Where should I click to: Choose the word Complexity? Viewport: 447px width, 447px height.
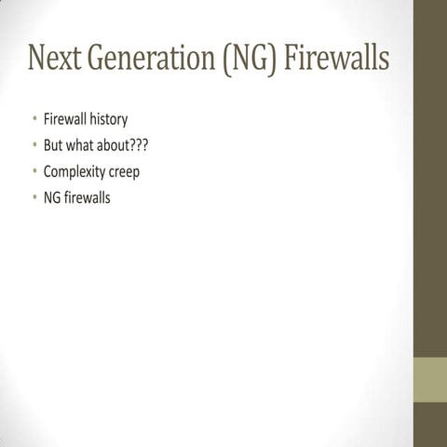pos(74,173)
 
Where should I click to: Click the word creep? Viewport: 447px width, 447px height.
pos(124,173)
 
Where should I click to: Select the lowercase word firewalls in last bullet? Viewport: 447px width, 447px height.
pos(88,198)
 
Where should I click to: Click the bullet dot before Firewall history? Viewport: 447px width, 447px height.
pos(34,120)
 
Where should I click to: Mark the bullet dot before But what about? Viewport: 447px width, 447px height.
pos(34,146)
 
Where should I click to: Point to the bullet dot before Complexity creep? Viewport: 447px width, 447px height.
pos(34,172)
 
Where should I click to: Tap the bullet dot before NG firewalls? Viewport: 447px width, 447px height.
pos(34,198)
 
